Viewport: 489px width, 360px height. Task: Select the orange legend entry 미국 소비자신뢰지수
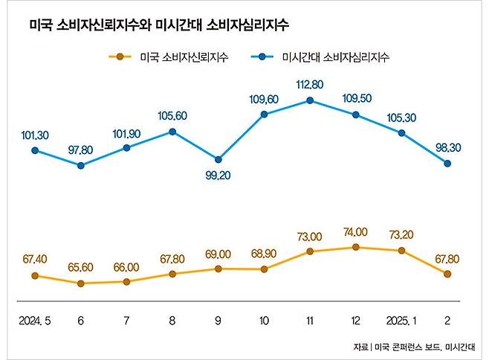(167, 56)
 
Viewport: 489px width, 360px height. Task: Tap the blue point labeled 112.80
(310, 100)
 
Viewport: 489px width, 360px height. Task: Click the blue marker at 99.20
(218, 159)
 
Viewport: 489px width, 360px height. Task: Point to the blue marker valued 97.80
(81, 165)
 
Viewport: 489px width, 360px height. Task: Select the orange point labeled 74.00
(356, 247)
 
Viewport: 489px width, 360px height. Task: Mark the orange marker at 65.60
(81, 283)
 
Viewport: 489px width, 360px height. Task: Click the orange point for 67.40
(35, 276)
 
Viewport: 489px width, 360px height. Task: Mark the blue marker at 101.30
(35, 150)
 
